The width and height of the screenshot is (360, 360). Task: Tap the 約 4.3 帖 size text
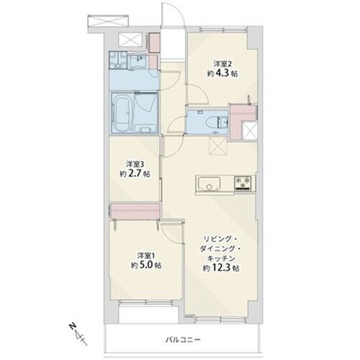pos(222,73)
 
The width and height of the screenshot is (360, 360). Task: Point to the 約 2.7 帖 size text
pos(135,174)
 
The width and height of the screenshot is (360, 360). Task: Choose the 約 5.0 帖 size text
pos(146,265)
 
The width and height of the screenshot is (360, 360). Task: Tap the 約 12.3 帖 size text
pos(221,268)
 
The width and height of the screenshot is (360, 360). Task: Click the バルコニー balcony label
pos(183,340)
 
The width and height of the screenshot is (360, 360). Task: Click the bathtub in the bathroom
pos(122,113)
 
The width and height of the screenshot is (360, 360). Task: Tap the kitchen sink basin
pos(209,184)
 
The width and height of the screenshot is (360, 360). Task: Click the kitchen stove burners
pos(243,183)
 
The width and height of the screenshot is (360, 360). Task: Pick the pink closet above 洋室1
pos(135,211)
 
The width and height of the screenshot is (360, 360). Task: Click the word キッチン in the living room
pos(221,258)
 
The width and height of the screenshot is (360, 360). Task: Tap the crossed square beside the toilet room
pos(250,130)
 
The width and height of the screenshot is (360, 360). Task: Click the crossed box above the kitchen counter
pos(218,147)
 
